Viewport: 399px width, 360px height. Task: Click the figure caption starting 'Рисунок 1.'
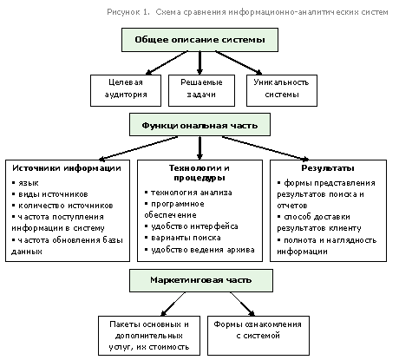[x=247, y=12]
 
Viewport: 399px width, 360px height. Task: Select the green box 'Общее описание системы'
[x=199, y=40]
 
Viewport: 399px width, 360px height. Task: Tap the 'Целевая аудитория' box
[x=126, y=90]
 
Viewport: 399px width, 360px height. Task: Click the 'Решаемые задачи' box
[x=201, y=90]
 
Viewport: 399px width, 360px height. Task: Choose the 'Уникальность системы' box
[x=282, y=90]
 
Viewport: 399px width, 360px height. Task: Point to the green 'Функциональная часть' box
[x=199, y=125]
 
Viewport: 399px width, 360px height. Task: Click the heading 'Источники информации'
[x=67, y=168]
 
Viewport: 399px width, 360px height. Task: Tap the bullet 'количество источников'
[x=62, y=206]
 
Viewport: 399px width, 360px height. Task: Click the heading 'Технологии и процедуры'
[x=199, y=173]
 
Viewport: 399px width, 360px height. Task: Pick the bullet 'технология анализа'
[x=188, y=193]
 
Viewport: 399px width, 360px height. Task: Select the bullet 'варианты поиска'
[x=183, y=238]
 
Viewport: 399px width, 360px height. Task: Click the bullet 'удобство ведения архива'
[x=199, y=250]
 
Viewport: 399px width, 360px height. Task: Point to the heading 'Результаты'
[x=328, y=168]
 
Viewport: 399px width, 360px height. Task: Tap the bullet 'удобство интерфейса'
[x=192, y=226]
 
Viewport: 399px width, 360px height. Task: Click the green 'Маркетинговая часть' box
[x=201, y=280]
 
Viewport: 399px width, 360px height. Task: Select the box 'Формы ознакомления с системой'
[x=258, y=336]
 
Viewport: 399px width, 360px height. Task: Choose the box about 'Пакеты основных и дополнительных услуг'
[x=149, y=336]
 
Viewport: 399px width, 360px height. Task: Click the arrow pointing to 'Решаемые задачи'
[x=199, y=63]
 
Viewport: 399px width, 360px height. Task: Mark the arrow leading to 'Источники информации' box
[x=138, y=148]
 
